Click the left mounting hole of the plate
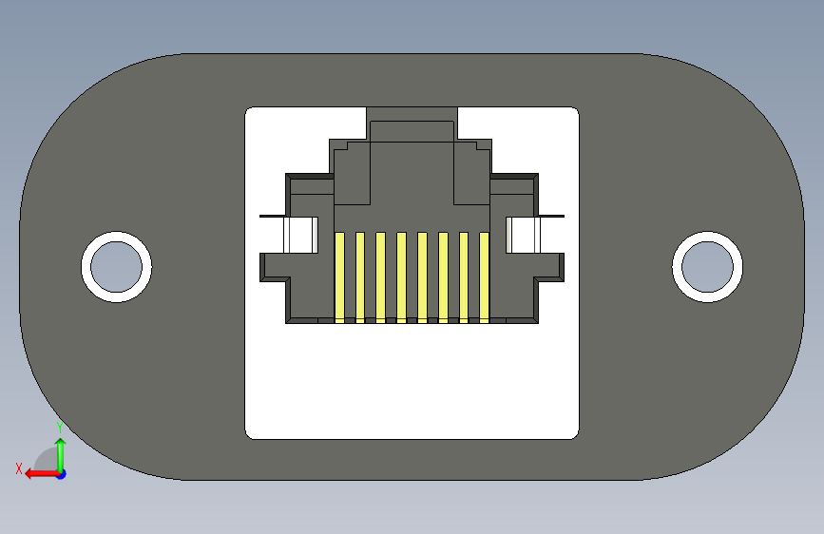click(x=116, y=266)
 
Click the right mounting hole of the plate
click(x=707, y=266)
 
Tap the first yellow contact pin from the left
click(x=339, y=277)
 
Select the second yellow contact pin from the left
click(x=360, y=277)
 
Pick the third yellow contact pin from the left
click(x=380, y=277)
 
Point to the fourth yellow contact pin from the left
click(x=401, y=277)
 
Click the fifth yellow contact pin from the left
click(x=422, y=277)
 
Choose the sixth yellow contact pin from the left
click(x=443, y=277)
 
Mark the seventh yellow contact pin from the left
click(x=464, y=277)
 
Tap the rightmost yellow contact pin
click(x=484, y=277)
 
